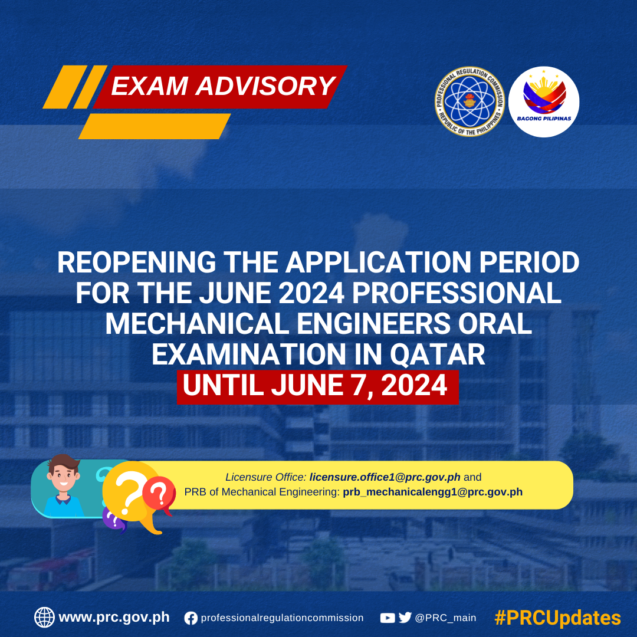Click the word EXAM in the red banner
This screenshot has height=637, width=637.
click(x=149, y=86)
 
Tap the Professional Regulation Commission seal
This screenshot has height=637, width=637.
click(x=469, y=101)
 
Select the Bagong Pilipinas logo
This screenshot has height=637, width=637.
click(x=544, y=101)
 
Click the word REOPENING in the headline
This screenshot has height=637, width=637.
click(x=136, y=262)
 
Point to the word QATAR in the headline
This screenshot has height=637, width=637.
click(x=438, y=354)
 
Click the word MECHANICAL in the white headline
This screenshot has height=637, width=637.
click(x=197, y=324)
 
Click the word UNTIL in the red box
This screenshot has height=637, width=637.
click(x=223, y=385)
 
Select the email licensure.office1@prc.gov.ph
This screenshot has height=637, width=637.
click(x=385, y=477)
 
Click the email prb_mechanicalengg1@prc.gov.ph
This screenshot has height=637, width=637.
click(x=433, y=492)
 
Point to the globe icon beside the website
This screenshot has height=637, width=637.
click(x=44, y=618)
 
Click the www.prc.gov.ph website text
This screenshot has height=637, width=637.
click(x=114, y=618)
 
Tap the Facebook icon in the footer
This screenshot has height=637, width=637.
click(x=191, y=618)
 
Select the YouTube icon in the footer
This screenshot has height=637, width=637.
click(x=387, y=618)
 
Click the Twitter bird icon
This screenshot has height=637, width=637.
click(x=405, y=618)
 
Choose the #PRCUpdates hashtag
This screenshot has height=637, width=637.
click(x=557, y=618)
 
